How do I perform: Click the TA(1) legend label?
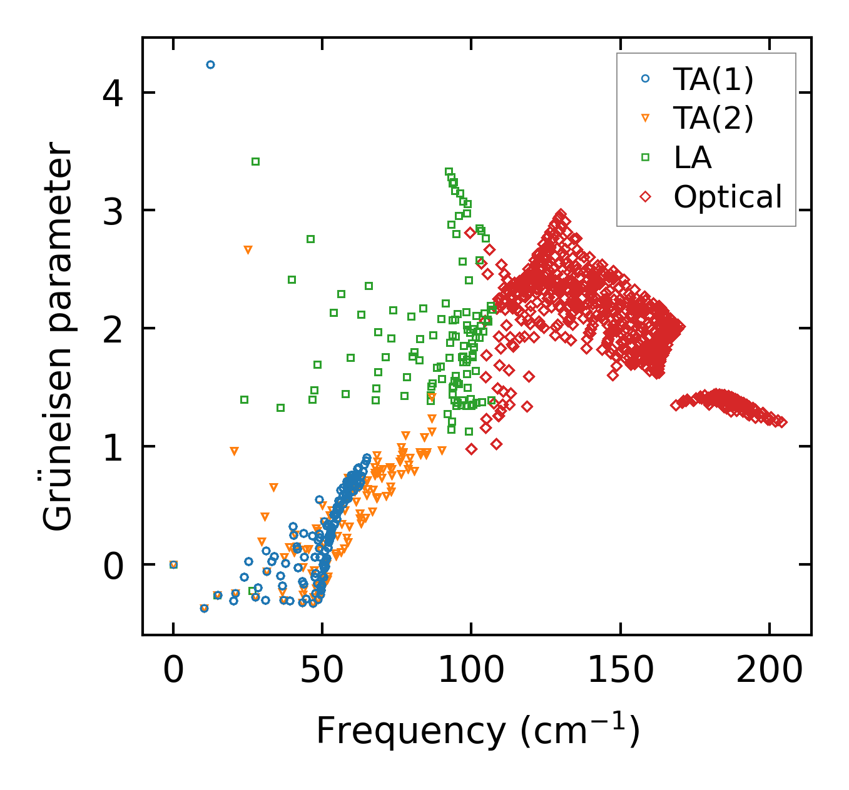[x=713, y=79]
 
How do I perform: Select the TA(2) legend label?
[x=713, y=118]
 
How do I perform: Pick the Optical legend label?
[x=728, y=197]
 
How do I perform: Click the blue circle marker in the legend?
[x=646, y=79]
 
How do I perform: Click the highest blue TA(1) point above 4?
[x=210, y=64]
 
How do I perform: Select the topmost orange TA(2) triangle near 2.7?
[x=248, y=250]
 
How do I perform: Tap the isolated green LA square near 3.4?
[x=255, y=161]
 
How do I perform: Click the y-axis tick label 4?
[x=114, y=93]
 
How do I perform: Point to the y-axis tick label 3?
[x=114, y=211]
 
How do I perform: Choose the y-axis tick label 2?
[x=114, y=329]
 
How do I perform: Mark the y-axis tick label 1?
[x=114, y=447]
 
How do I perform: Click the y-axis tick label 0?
[x=114, y=565]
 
